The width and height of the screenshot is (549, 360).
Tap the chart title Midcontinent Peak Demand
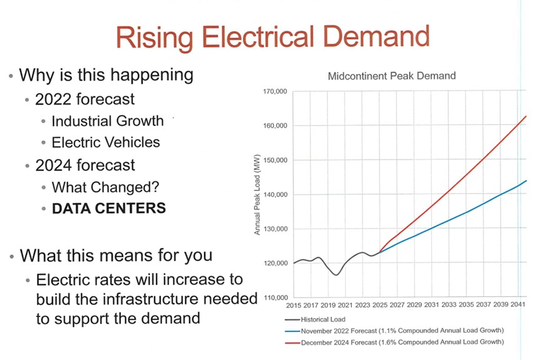[x=392, y=76]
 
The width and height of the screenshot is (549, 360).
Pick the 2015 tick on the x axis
[x=294, y=306]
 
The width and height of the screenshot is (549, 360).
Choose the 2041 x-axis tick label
[x=518, y=306]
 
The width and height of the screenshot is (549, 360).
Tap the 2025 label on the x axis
[x=380, y=306]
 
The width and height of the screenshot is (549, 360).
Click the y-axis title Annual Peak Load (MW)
[x=257, y=195]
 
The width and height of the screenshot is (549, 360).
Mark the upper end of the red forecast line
[x=526, y=116]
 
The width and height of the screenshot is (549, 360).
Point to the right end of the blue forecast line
[x=526, y=180]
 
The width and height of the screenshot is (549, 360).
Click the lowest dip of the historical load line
[x=336, y=275]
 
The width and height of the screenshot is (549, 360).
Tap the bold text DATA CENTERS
[x=109, y=207]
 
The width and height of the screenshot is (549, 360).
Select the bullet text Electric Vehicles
[x=106, y=142]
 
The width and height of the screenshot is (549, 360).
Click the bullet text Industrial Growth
[x=108, y=121]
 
